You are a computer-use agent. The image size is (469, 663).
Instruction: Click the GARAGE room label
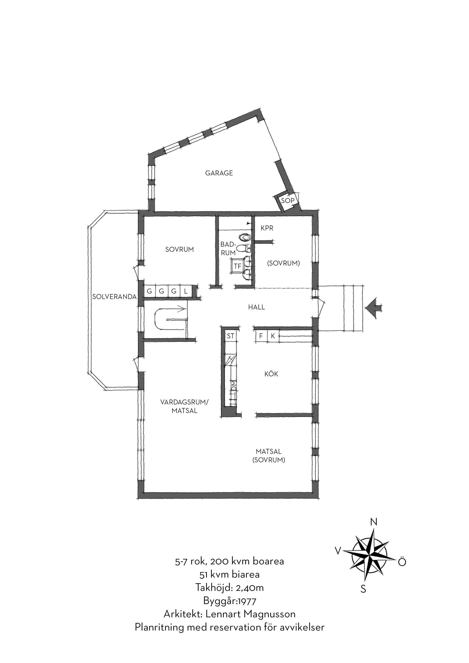219,173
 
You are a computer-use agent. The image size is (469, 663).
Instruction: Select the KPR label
267,228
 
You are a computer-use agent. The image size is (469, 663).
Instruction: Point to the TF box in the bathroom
237,266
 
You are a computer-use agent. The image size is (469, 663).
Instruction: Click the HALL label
256,307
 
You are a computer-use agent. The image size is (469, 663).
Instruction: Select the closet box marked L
186,291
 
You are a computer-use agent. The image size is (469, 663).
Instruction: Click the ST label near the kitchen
230,336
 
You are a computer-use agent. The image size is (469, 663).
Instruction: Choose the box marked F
261,336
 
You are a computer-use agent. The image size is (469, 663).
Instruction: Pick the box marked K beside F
273,336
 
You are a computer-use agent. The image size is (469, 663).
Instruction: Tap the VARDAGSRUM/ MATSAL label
184,406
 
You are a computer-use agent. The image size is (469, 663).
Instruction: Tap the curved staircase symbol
171,319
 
